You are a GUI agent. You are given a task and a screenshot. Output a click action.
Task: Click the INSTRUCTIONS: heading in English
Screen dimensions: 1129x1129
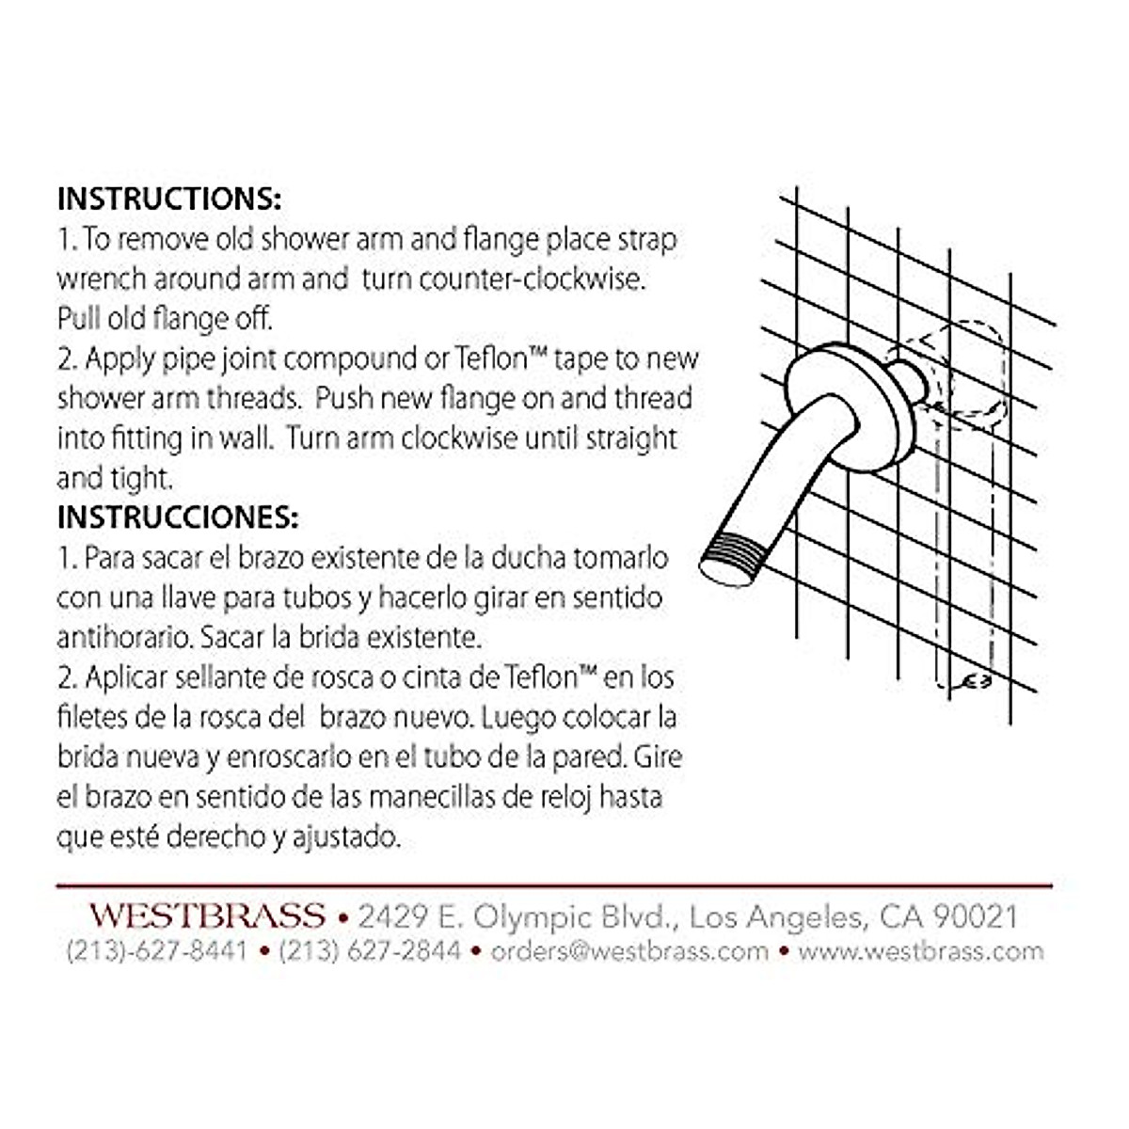pos(169,199)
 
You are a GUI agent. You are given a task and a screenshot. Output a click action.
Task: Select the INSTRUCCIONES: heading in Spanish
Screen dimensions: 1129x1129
pos(178,517)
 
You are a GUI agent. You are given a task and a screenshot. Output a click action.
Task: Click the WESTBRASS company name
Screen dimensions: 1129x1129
pos(207,915)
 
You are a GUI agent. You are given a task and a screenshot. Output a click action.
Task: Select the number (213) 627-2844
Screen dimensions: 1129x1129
pos(370,951)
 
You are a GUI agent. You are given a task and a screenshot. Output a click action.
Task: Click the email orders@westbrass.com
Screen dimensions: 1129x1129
pos(629,951)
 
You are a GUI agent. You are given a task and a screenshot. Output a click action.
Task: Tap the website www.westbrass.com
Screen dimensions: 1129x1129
pos(921,951)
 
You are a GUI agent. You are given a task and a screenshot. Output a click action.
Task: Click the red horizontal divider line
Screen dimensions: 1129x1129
pos(554,886)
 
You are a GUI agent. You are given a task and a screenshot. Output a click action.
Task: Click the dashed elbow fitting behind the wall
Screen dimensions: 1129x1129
pos(964,372)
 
